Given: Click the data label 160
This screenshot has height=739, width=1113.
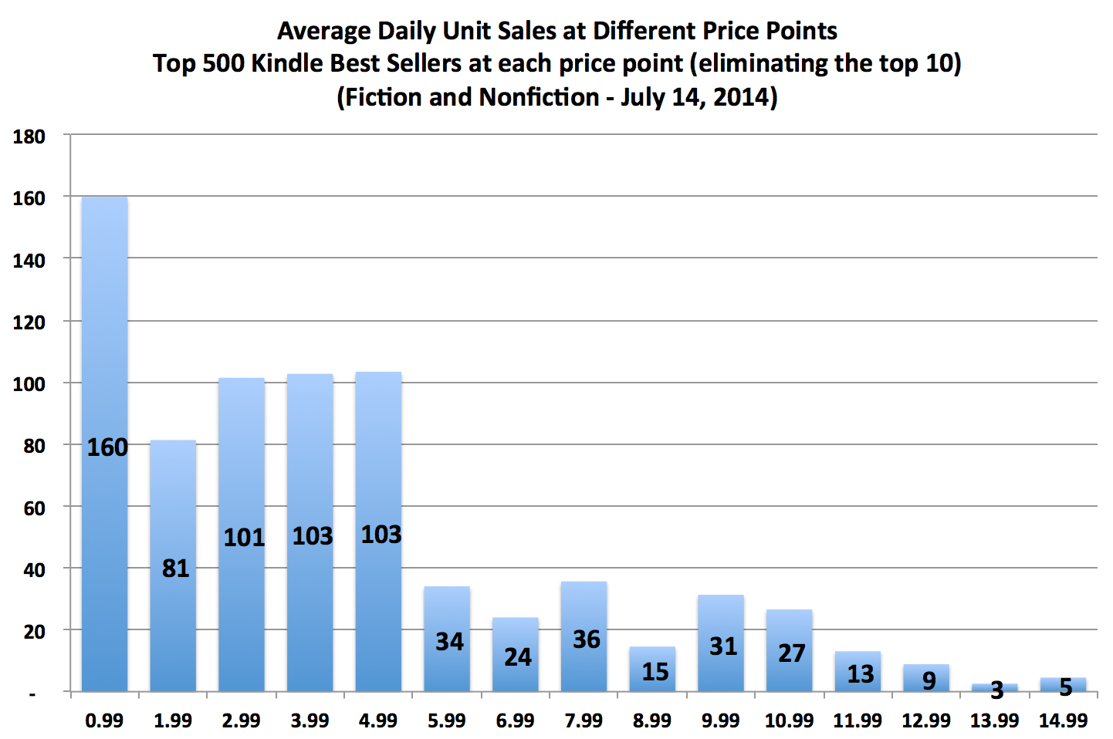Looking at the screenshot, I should click(x=107, y=447).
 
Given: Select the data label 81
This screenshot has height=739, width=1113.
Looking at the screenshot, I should click(x=176, y=569).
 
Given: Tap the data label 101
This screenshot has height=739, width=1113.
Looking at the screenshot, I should click(x=244, y=537).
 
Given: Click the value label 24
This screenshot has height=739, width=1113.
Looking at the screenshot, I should click(x=518, y=657).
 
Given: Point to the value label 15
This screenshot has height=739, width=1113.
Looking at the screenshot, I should click(x=655, y=672).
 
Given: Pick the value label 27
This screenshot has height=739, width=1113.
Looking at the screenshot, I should click(x=792, y=653).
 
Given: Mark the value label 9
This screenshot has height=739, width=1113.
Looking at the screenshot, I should click(x=929, y=680).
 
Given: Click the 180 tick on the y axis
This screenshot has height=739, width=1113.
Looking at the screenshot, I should click(x=29, y=137).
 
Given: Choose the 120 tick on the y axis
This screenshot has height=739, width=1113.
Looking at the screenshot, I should click(x=29, y=322).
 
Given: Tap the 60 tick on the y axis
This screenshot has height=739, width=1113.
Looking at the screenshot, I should click(x=34, y=508).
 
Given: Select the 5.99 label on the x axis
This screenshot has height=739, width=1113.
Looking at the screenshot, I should click(x=447, y=720).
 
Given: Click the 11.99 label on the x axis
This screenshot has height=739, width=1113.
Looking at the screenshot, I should click(x=858, y=720).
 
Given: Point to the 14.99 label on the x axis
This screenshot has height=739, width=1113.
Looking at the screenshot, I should click(x=1063, y=720).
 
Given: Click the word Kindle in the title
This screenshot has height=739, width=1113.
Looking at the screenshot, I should click(x=288, y=63).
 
